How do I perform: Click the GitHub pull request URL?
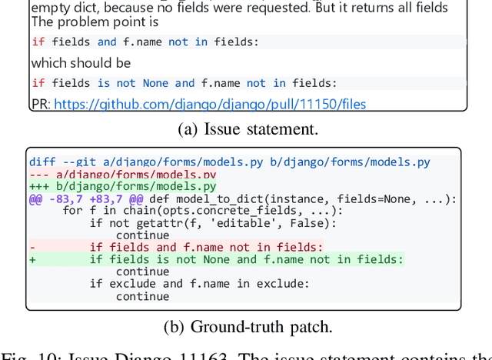210,104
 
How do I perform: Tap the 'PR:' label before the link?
41,104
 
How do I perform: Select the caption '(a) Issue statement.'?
248,129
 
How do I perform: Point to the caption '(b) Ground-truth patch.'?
248,326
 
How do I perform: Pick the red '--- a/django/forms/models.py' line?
122,174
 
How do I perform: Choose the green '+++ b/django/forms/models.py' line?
122,186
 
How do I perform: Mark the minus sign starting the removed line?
32,248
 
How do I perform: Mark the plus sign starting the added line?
32,260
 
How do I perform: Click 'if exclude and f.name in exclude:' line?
199,284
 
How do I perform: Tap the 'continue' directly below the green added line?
143,272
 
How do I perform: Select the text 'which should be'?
81,63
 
